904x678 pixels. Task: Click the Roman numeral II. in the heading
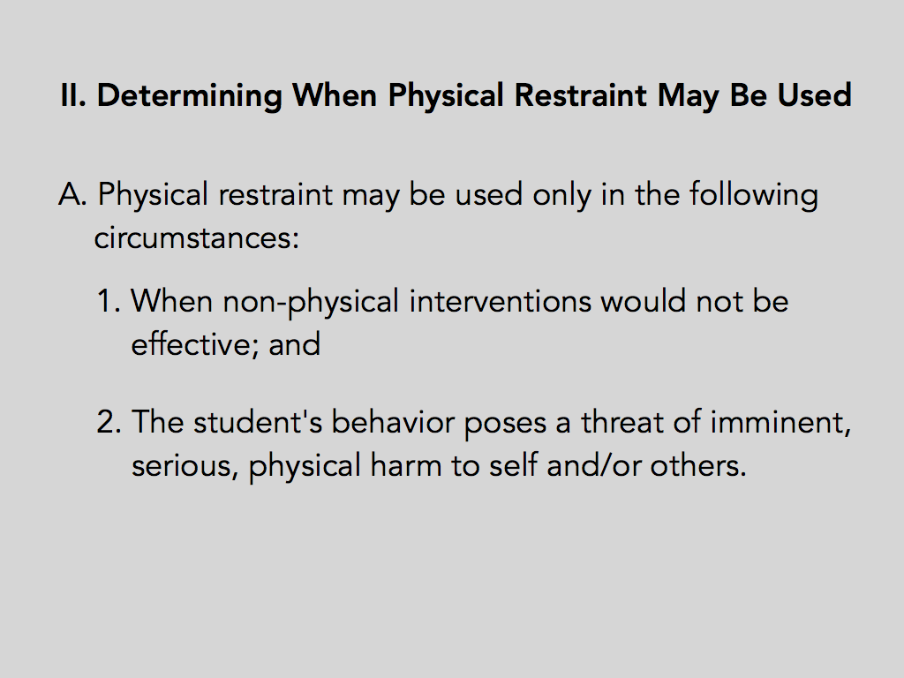click(x=73, y=95)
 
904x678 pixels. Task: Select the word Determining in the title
click(x=190, y=96)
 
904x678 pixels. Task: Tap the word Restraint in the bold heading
click(x=580, y=95)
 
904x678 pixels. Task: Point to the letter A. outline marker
click(x=72, y=194)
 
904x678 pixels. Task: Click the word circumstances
click(x=197, y=237)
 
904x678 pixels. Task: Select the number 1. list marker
click(x=109, y=301)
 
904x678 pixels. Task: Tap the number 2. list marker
click(x=109, y=421)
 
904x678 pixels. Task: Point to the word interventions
click(x=501, y=301)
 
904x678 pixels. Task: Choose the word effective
click(x=194, y=344)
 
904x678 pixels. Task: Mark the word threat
click(x=622, y=421)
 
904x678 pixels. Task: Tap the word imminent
click(x=780, y=423)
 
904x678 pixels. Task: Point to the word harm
click(x=406, y=464)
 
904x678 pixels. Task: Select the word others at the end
click(x=698, y=464)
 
